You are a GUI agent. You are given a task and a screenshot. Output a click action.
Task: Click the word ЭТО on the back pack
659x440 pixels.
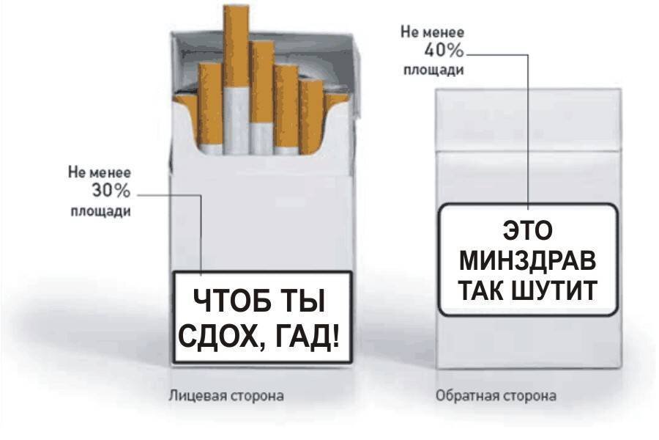click(527, 231)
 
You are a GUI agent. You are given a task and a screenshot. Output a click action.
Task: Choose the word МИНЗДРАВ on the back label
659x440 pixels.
click(528, 260)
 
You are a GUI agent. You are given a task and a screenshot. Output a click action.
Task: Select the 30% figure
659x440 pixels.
click(111, 192)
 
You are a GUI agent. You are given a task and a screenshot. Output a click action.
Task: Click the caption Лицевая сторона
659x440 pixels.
click(226, 396)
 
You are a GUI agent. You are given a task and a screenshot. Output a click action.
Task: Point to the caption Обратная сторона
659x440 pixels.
click(496, 396)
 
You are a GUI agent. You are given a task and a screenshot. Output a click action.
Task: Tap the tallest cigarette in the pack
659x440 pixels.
click(236, 73)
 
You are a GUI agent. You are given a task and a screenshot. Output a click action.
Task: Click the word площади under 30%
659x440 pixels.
click(100, 212)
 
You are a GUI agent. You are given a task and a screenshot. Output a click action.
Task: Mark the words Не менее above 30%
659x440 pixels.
click(100, 173)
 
